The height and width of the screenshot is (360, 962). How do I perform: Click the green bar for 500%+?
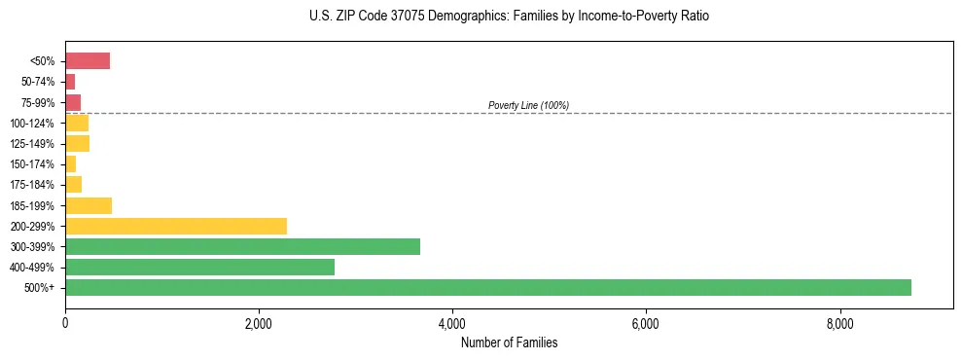[x=487, y=287]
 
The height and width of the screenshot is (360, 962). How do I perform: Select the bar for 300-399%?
[x=242, y=246]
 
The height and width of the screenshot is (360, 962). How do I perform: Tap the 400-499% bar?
[x=199, y=267]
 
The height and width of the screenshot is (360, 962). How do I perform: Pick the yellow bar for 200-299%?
[x=176, y=226]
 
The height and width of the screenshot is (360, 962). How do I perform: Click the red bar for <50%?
[x=88, y=61]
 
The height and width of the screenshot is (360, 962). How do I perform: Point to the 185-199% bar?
[x=89, y=205]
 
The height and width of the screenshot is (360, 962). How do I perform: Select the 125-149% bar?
[x=77, y=144]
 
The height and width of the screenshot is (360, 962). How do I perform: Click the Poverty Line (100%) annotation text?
[x=528, y=105]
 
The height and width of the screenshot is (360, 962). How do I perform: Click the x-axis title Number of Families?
[x=510, y=342]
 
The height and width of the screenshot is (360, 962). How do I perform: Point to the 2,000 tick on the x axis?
[x=259, y=323]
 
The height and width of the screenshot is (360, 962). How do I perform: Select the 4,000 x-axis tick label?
[x=452, y=323]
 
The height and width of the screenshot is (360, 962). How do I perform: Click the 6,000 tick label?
[x=646, y=323]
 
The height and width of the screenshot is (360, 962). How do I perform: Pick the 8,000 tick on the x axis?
[x=839, y=323]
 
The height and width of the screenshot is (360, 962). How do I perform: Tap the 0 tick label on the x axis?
[x=65, y=323]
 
